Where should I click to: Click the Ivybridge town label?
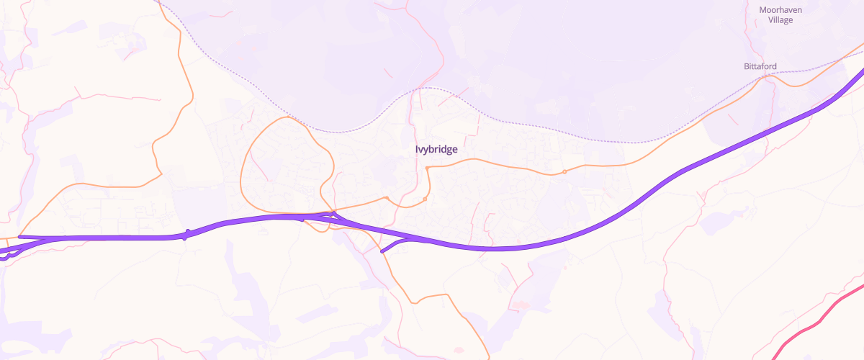pos(436,150)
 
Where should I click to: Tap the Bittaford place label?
pos(760,66)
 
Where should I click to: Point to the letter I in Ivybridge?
pos(417,150)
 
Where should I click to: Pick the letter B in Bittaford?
pos(746,66)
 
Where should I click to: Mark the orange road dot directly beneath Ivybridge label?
pos(427,168)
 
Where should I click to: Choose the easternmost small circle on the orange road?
pos(564,171)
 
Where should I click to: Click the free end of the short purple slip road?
pos(382,252)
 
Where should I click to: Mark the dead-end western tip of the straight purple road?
pos(19,236)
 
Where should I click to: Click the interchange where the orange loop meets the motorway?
pos(333,215)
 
